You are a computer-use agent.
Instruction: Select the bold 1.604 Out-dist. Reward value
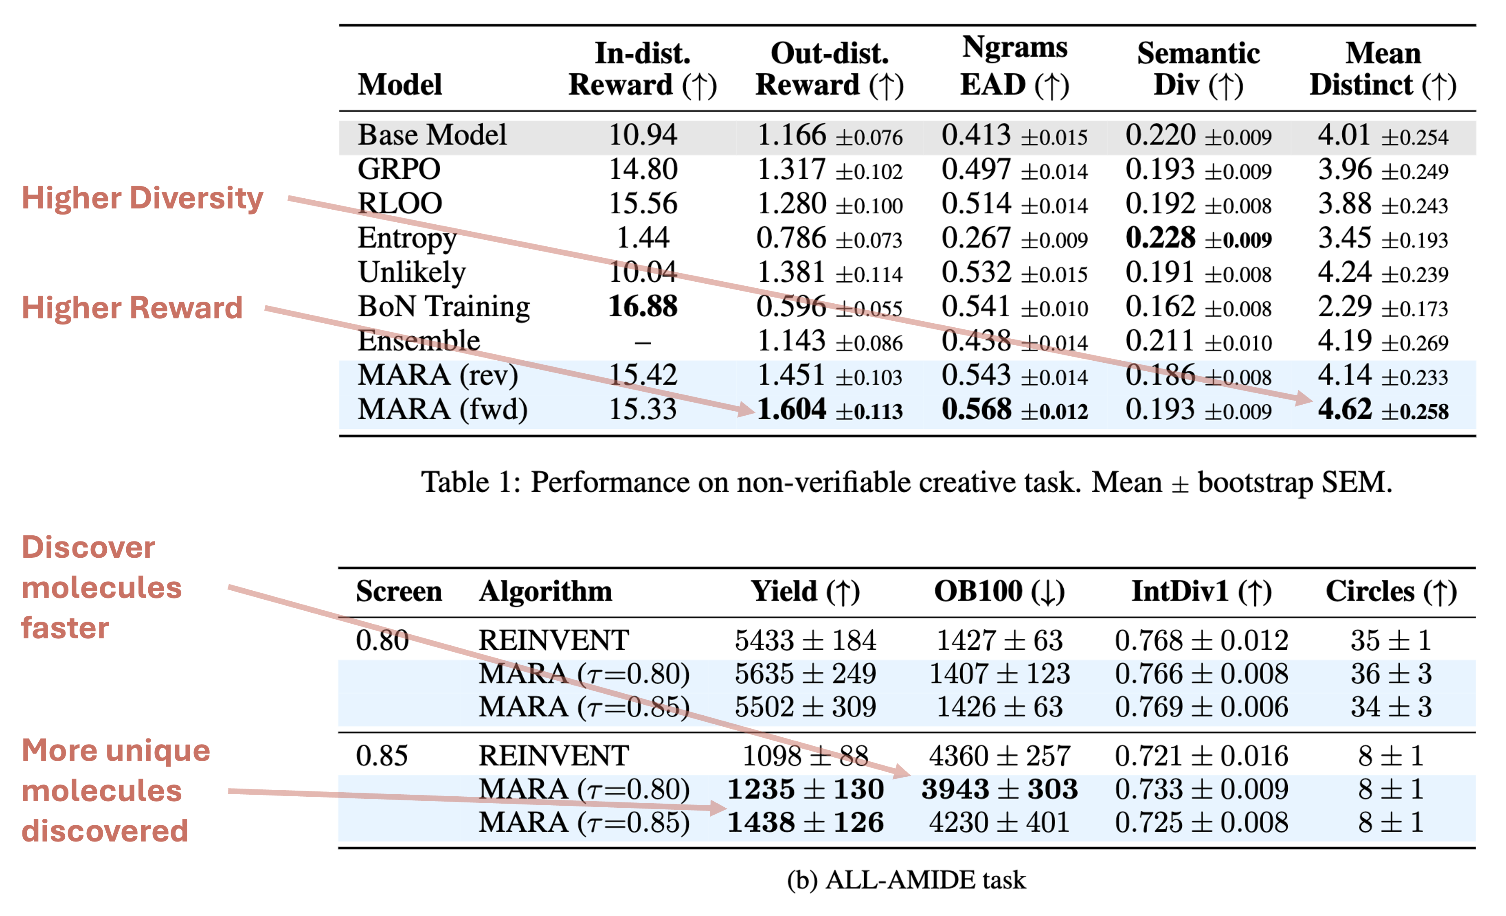792,410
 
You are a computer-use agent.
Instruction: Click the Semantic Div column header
1198,68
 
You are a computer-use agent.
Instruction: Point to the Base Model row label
432,135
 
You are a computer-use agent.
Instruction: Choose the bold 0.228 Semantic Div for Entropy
1160,238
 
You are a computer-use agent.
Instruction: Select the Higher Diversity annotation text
143,199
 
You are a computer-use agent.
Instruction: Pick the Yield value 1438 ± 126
805,822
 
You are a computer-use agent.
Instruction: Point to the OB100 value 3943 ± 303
999,789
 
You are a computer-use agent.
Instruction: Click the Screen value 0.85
382,756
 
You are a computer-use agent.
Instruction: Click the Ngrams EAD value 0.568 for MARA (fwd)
976,410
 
